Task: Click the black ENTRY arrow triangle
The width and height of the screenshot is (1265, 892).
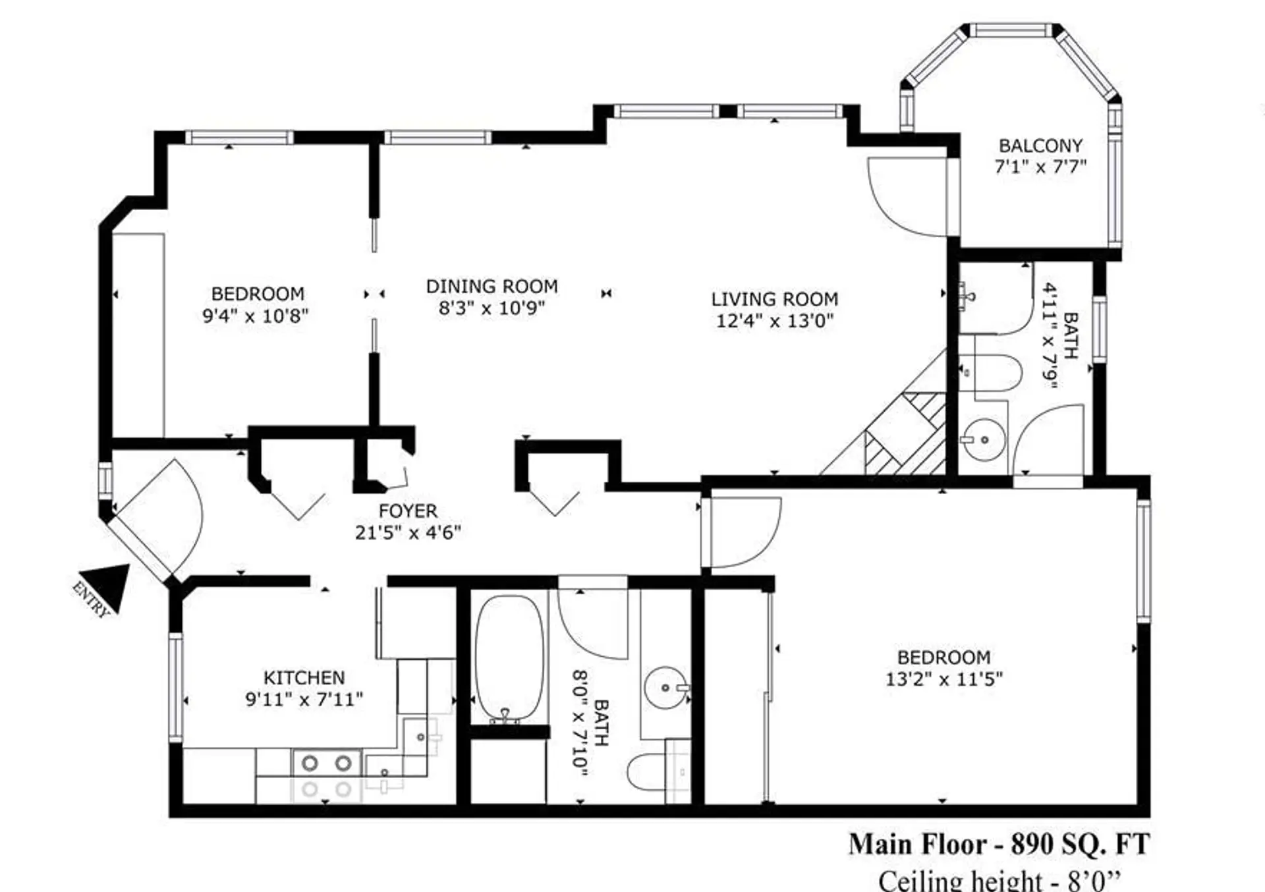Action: [108, 584]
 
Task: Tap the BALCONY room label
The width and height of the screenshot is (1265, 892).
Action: [1040, 146]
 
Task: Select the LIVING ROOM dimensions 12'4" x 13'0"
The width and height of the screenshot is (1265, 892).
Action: [775, 321]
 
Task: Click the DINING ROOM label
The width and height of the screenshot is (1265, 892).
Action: [492, 287]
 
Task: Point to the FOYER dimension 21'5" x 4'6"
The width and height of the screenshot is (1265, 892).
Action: [408, 532]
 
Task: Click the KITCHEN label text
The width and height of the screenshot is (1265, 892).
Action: [304, 678]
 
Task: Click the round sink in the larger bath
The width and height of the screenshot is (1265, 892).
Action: [665, 687]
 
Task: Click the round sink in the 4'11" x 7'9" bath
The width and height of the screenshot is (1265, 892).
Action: [983, 439]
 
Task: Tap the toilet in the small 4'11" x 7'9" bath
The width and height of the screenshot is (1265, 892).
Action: [992, 373]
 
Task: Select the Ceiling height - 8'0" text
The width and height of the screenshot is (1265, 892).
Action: [999, 880]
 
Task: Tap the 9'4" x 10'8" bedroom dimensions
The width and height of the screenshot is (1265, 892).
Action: [255, 316]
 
